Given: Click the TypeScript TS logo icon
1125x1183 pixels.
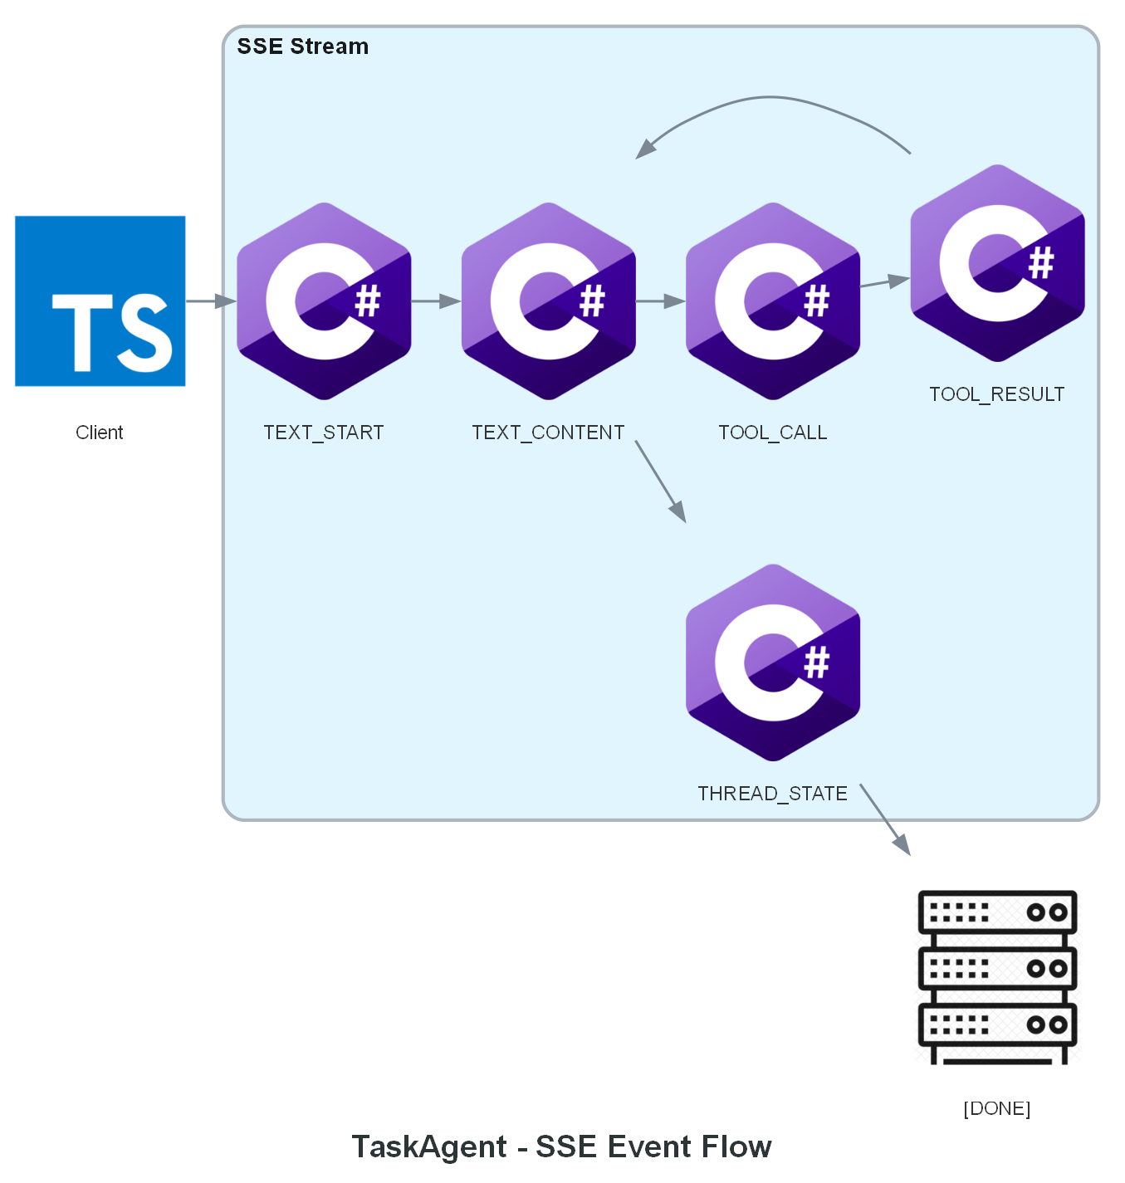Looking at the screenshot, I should (x=100, y=301).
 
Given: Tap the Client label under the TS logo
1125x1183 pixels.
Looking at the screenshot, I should (x=100, y=433).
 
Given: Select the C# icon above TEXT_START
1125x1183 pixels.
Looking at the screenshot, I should (x=324, y=301).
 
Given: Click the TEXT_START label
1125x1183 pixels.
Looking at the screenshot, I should (x=324, y=433).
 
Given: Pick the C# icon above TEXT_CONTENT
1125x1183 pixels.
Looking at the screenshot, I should (x=549, y=301).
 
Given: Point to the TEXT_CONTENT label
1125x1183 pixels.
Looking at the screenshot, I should (x=548, y=433).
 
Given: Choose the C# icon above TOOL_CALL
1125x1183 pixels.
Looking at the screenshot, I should (x=773, y=301).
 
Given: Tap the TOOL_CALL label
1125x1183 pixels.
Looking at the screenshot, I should (x=773, y=433).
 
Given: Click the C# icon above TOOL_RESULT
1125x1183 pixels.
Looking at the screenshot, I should (x=997, y=262).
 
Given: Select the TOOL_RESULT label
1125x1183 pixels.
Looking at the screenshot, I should (x=996, y=394).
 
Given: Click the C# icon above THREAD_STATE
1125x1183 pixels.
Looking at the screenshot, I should (x=773, y=662).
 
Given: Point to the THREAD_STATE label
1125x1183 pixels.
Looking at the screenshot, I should (x=772, y=794).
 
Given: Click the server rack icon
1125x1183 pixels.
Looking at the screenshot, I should (x=997, y=977).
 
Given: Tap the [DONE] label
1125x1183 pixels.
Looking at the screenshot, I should (x=996, y=1108).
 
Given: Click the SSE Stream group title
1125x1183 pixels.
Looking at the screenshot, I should (x=303, y=46).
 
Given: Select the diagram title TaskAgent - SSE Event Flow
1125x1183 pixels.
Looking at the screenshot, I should (x=562, y=1146).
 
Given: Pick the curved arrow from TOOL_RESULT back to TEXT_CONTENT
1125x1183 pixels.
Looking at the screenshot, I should (x=772, y=98).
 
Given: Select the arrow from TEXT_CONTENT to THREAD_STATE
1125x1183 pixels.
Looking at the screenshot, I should (x=661, y=482).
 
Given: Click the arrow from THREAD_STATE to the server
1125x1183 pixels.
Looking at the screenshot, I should (x=885, y=819).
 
